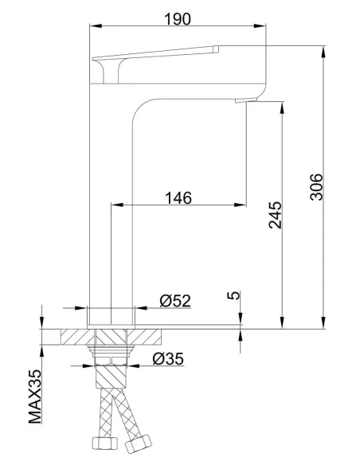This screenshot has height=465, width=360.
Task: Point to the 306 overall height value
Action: [x=316, y=186]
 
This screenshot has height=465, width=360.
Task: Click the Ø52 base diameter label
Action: [x=174, y=300]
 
